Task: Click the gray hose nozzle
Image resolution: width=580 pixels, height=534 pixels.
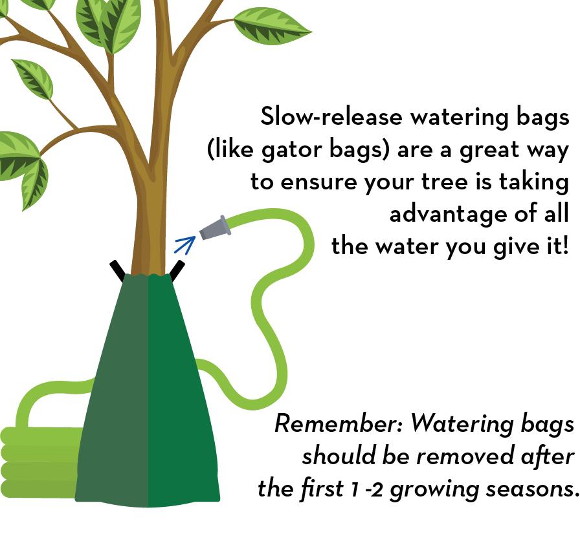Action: click(x=216, y=228)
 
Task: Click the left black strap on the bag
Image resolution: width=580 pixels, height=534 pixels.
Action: click(x=118, y=271)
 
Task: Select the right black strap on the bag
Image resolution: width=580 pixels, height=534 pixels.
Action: click(x=177, y=271)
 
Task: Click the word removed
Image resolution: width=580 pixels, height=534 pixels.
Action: click(x=465, y=456)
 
